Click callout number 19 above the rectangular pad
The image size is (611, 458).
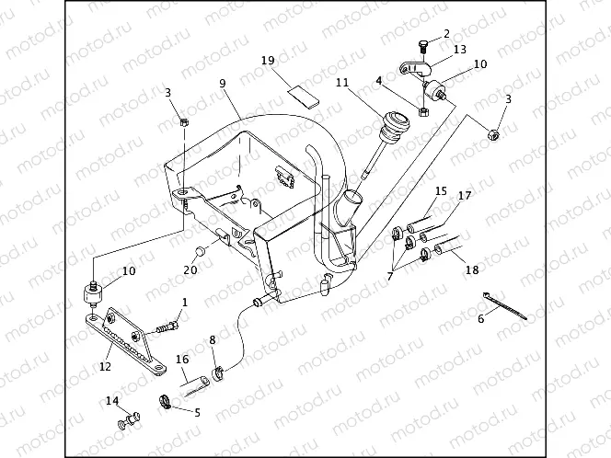[268, 61]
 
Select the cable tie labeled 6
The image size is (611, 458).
[505, 306]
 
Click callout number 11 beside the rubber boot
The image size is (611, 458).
[342, 83]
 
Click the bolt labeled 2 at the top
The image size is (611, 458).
[422, 46]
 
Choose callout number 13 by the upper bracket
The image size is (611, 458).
[459, 48]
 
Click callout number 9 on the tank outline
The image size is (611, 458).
[222, 84]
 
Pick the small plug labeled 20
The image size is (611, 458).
[199, 252]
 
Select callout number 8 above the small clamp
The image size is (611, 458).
[213, 340]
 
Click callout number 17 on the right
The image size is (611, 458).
[465, 196]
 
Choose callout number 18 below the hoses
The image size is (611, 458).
[472, 270]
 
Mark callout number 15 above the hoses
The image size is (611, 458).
[442, 191]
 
